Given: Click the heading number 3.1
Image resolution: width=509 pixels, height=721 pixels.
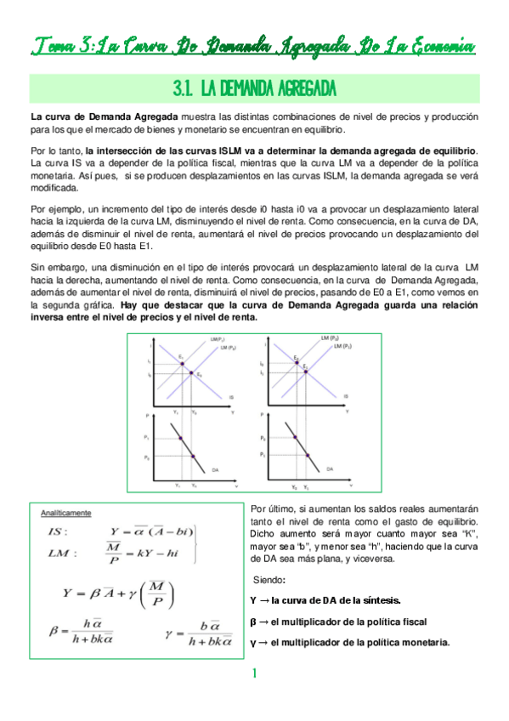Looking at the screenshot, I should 185,89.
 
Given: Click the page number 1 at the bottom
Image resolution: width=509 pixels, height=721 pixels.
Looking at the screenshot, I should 253,673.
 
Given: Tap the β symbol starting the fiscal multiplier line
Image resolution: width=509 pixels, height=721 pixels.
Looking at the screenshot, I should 256,621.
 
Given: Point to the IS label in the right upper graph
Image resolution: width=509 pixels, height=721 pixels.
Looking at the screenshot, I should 345,396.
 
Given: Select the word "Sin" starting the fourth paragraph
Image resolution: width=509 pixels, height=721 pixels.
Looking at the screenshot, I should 38,268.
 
